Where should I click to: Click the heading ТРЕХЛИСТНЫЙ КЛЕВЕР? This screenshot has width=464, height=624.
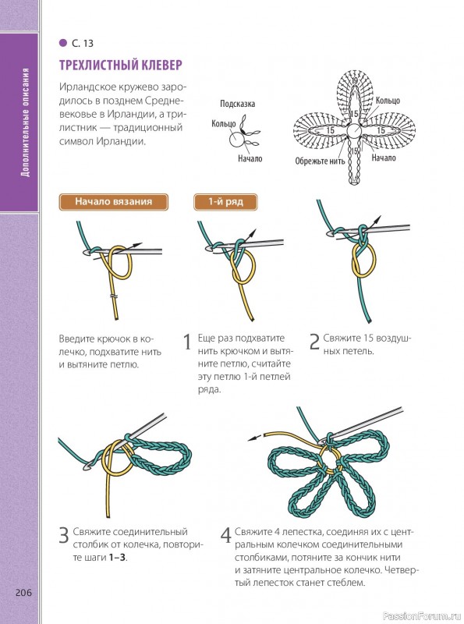coord(121,65)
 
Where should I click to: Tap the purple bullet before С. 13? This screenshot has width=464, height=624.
coord(63,43)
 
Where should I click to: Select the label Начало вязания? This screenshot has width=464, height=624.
coord(113,201)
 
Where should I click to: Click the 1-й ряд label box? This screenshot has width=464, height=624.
coord(225,201)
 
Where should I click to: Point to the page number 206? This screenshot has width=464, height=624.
coord(23,593)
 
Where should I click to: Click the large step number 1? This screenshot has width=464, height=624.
coord(187,342)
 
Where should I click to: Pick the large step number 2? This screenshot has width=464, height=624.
coord(314,342)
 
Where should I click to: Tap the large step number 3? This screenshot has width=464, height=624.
coord(64,535)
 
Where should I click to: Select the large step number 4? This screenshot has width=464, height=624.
coord(225,535)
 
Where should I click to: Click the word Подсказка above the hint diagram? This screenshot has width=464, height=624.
coord(238,104)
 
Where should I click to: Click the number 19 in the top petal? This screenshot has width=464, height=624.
coord(354,81)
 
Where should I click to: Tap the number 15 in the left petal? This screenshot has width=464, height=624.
coord(331,130)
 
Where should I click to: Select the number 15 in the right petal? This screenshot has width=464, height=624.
coord(381,130)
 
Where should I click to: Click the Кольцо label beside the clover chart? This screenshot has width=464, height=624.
coord(388,101)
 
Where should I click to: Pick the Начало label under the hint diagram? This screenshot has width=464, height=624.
coord(250,158)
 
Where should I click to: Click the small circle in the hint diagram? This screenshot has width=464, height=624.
coord(236,139)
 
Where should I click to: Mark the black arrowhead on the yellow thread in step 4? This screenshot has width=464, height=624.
coord(252,438)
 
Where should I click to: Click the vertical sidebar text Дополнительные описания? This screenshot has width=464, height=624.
coord(26,122)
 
